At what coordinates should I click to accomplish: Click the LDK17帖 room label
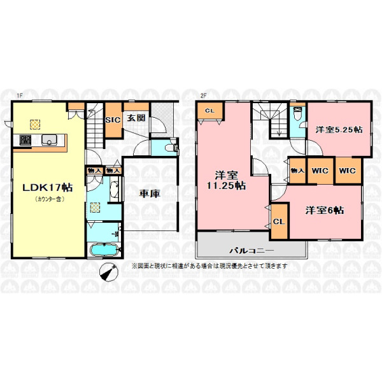[48, 188]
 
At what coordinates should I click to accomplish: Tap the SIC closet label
[113, 120]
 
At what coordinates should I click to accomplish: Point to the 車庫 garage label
[150, 194]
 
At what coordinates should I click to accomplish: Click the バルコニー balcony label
[252, 250]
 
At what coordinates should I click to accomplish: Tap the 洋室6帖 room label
[325, 211]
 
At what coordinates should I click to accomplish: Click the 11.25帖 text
[226, 186]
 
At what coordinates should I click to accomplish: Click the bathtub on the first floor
[104, 249]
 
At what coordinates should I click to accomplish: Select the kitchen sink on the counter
[49, 140]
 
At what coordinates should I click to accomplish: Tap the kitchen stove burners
[25, 140]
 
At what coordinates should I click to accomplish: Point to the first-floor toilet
[171, 148]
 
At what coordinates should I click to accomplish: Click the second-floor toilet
[298, 113]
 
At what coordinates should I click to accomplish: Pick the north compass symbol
[109, 272]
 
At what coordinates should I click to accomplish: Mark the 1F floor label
[20, 96]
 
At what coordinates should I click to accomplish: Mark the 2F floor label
[204, 96]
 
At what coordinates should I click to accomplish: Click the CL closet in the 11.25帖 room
[210, 111]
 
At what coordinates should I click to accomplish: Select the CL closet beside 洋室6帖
[279, 222]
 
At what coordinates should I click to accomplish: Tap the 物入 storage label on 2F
[297, 171]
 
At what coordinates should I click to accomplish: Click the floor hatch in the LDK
[35, 125]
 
